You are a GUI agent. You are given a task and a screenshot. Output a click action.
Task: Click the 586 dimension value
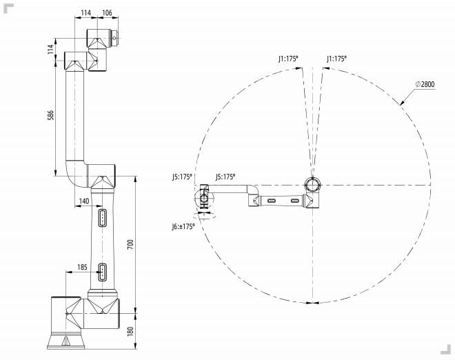(51, 115)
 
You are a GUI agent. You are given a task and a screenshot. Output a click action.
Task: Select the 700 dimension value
(130, 244)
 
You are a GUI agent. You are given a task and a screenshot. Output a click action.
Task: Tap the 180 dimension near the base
(130, 332)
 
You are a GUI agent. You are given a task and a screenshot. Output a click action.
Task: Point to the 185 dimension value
(83, 267)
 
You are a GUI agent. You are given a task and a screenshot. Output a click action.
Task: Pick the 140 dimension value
(84, 201)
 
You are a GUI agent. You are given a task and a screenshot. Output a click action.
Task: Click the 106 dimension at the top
(107, 13)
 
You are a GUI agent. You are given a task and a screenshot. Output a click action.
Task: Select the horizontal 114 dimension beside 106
(86, 13)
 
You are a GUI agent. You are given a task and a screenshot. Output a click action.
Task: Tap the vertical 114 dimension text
(51, 49)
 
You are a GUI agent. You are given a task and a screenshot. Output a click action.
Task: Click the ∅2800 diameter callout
(425, 84)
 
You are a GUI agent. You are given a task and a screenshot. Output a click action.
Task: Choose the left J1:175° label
(288, 59)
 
